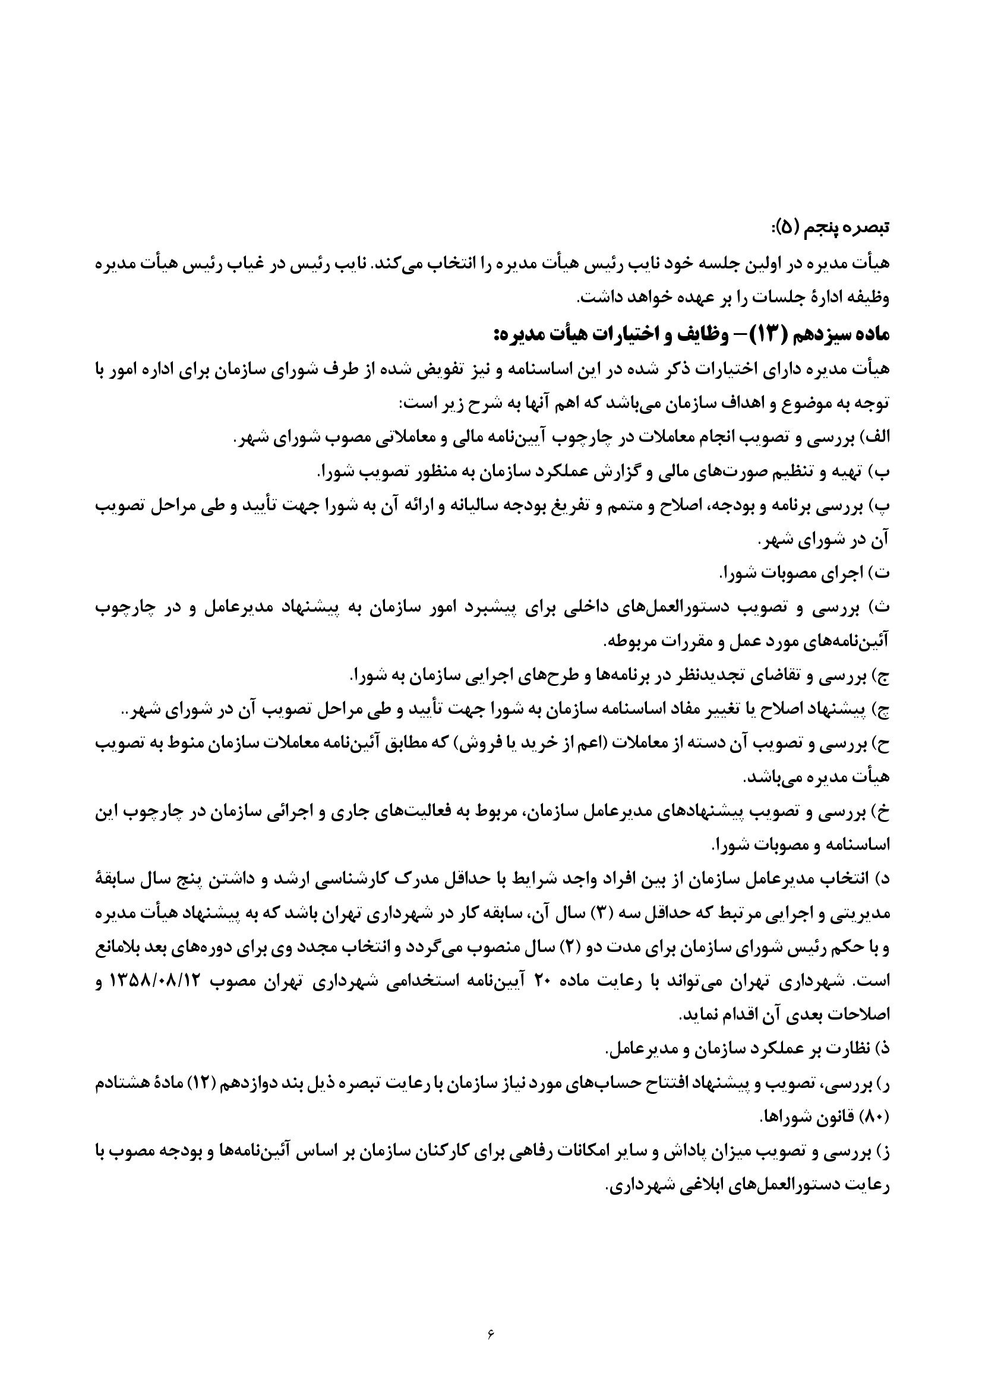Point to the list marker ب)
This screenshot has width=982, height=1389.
click(x=880, y=474)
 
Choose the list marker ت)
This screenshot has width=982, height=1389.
click(x=880, y=574)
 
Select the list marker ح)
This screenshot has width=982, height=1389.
click(x=880, y=745)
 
